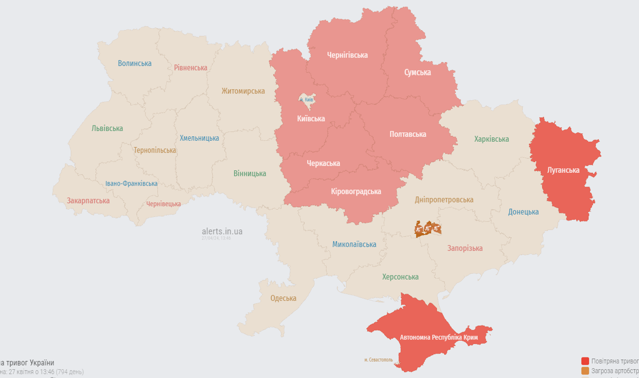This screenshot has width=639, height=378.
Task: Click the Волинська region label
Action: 135,63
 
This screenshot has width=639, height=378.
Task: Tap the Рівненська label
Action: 191,67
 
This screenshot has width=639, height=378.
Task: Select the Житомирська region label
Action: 243,91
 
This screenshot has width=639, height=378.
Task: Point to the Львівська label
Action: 107,128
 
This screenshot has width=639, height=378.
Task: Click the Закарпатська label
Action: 88,200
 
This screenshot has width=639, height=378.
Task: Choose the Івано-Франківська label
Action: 131,183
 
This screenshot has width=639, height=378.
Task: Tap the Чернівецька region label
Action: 163,204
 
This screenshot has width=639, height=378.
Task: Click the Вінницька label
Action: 250,173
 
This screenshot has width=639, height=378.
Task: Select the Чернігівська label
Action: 348,55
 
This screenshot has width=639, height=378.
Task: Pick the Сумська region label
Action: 417,72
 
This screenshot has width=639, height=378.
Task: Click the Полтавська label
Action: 407,134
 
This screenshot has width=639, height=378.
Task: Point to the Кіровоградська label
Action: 356,191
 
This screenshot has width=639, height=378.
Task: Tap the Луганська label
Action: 563,170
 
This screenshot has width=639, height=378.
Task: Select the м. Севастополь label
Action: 378,360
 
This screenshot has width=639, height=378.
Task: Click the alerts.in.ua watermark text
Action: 222,231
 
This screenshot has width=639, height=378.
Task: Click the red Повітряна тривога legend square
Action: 585,361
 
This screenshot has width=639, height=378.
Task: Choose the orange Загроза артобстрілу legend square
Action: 585,371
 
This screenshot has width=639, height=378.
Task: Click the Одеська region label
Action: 283,298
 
